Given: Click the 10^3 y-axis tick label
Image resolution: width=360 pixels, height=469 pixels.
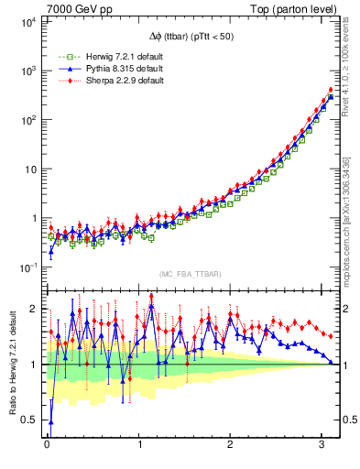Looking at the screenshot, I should click(27, 71).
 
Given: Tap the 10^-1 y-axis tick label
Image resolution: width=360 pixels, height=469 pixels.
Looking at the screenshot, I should click(27, 267).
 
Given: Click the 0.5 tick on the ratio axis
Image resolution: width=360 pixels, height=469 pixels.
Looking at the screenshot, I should click(30, 420).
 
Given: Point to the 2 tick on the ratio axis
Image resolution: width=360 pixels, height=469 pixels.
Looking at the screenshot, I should click(35, 309).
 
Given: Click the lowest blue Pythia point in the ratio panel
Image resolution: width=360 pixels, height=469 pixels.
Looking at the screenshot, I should click(50, 422).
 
